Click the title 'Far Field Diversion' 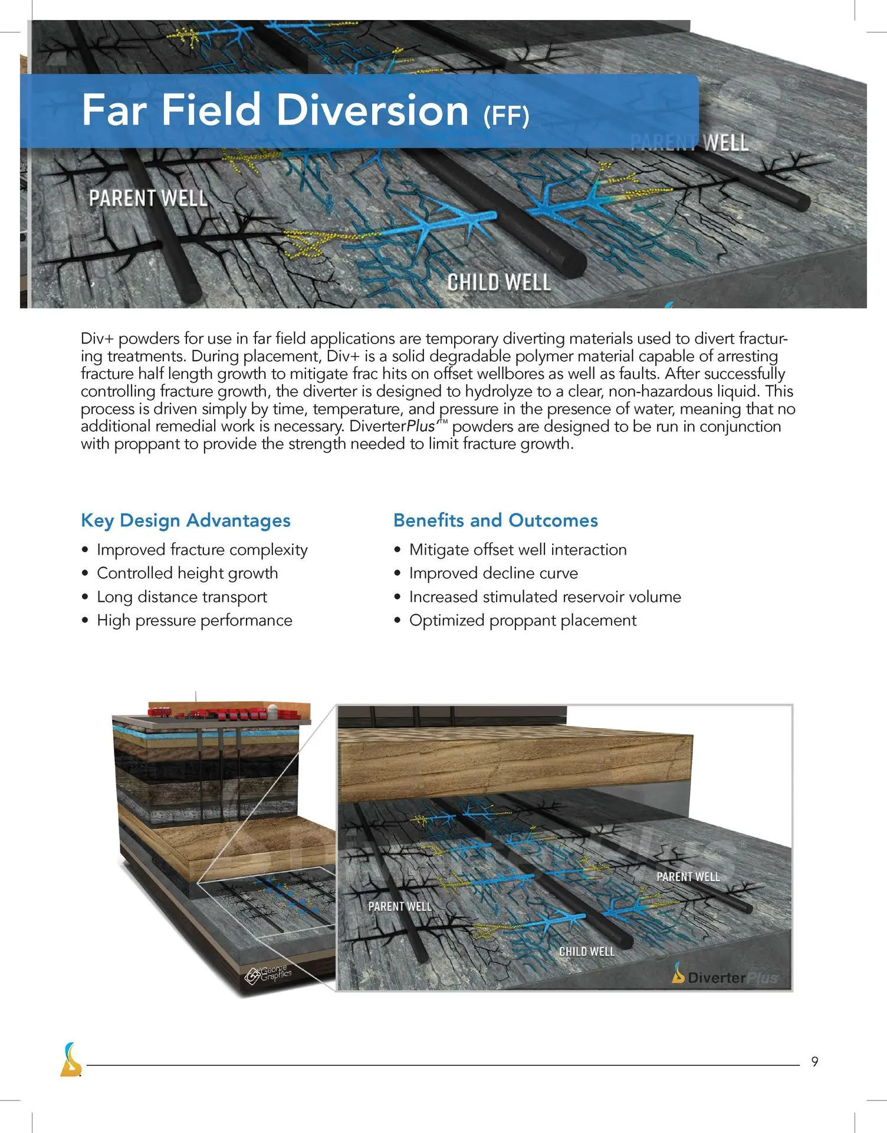275,110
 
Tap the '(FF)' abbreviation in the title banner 506,116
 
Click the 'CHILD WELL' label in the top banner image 498,283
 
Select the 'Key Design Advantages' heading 185,520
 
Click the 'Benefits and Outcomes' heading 495,520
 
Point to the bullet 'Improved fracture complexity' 202,550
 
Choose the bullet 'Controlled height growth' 187,573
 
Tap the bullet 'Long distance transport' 182,597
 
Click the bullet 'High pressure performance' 194,620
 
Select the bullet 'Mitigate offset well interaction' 517,550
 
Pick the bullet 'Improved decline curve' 493,573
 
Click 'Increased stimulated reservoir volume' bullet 544,597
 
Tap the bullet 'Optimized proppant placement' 523,620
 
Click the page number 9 814,1062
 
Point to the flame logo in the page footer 71,1060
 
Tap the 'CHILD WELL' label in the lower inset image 586,952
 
